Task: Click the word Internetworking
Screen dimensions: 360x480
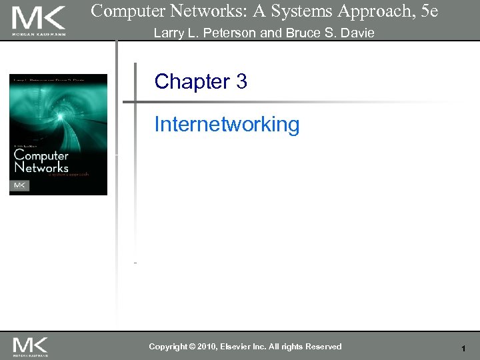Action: tap(227, 125)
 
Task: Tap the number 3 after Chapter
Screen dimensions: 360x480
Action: tap(241, 82)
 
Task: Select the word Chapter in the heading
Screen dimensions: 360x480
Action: tap(192, 82)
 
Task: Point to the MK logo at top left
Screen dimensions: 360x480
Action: tap(39, 19)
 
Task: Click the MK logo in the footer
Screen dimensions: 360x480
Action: tap(31, 345)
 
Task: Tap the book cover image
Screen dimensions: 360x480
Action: tap(58, 134)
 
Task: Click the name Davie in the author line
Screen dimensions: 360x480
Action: tap(358, 33)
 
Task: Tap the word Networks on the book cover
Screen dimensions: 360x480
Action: tap(41, 167)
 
